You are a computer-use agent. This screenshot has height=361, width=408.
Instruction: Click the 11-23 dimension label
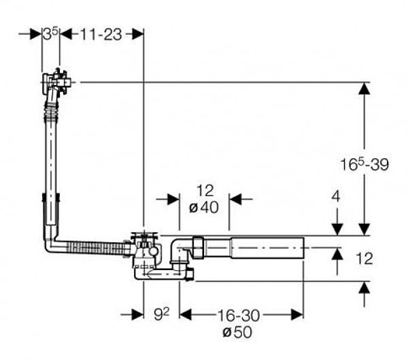[100, 34]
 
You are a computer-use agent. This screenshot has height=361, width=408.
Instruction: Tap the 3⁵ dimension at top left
[48, 33]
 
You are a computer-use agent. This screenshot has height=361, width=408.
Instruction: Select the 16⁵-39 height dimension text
[364, 164]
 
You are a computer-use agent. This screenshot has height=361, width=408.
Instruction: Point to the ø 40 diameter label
[203, 208]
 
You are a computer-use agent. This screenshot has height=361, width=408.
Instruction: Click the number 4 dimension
[336, 197]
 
